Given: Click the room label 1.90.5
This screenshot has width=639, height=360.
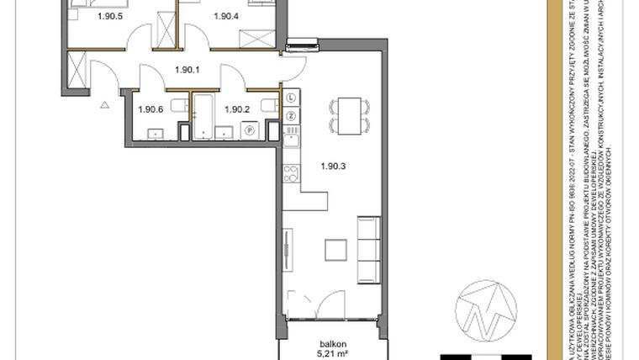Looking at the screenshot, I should [x=86, y=16].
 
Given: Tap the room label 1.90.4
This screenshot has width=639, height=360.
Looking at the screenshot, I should [x=226, y=16].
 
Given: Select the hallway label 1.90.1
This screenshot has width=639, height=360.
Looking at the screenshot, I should [x=186, y=71].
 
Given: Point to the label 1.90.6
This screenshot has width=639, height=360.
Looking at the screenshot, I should [x=150, y=109].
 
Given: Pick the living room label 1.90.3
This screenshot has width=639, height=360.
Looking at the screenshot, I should [x=334, y=165].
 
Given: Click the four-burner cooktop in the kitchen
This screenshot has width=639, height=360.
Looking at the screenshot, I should [x=291, y=174].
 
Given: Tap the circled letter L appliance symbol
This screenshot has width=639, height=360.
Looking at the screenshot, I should [x=291, y=98].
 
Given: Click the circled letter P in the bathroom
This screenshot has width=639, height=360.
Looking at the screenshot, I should [x=249, y=130].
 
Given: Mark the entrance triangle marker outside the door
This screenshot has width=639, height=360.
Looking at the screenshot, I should [x=105, y=105].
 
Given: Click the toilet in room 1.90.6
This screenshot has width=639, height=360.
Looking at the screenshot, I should [x=177, y=105].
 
